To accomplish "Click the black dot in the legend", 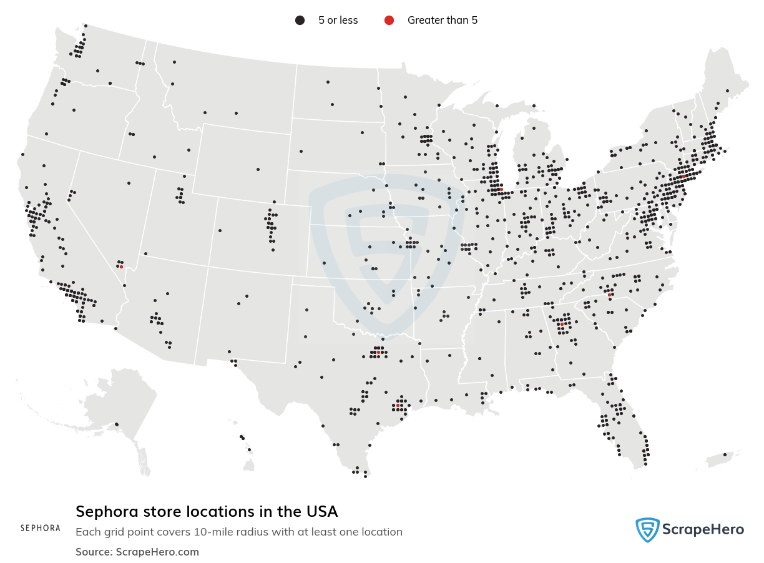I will (x=300, y=21).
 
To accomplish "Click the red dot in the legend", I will (x=389, y=21).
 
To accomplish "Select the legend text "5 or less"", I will (x=338, y=21).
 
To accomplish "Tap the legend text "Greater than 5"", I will (x=442, y=21).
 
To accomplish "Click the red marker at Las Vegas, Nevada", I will (x=121, y=267).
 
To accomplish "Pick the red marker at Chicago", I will (x=501, y=189).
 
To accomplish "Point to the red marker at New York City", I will (x=683, y=177).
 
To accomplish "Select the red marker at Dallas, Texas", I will (x=378, y=353).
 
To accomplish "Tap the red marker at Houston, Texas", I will (x=398, y=406).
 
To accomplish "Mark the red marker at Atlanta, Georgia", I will (x=562, y=325).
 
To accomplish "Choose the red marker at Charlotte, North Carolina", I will (x=610, y=295).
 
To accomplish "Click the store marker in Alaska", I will (x=117, y=424).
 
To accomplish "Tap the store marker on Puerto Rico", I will (x=724, y=454).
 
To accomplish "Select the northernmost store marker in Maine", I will (x=727, y=91).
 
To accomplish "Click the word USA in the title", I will (x=321, y=512).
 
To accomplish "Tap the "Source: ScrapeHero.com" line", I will (x=137, y=552).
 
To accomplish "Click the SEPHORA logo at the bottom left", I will (x=41, y=528).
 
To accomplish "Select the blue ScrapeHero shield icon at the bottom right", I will (x=647, y=530).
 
